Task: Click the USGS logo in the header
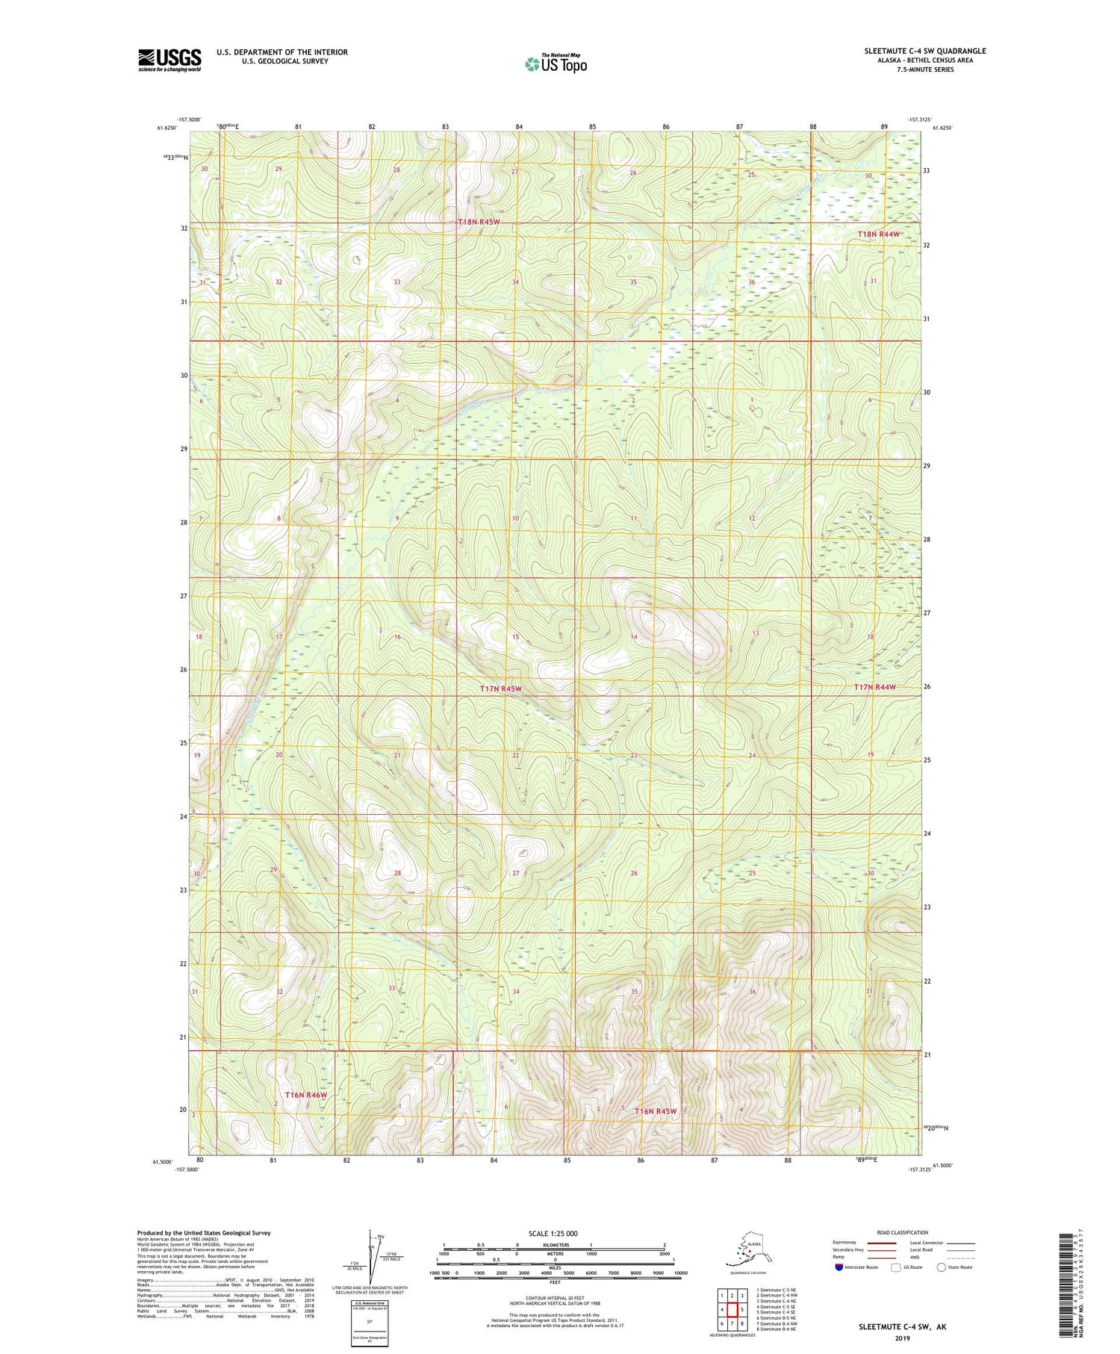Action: (169, 60)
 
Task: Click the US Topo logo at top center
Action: (556, 63)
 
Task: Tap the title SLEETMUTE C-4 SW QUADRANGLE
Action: (925, 51)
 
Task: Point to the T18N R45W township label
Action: (479, 223)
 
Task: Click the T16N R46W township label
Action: (306, 1095)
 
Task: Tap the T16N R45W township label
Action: (656, 1111)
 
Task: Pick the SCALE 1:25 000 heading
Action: (554, 1234)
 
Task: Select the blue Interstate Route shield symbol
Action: (839, 1267)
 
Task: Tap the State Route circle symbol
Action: (942, 1267)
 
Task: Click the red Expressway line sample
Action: (886, 1243)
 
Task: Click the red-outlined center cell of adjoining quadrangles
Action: (732, 1309)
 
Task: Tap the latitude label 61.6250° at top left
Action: (167, 128)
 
